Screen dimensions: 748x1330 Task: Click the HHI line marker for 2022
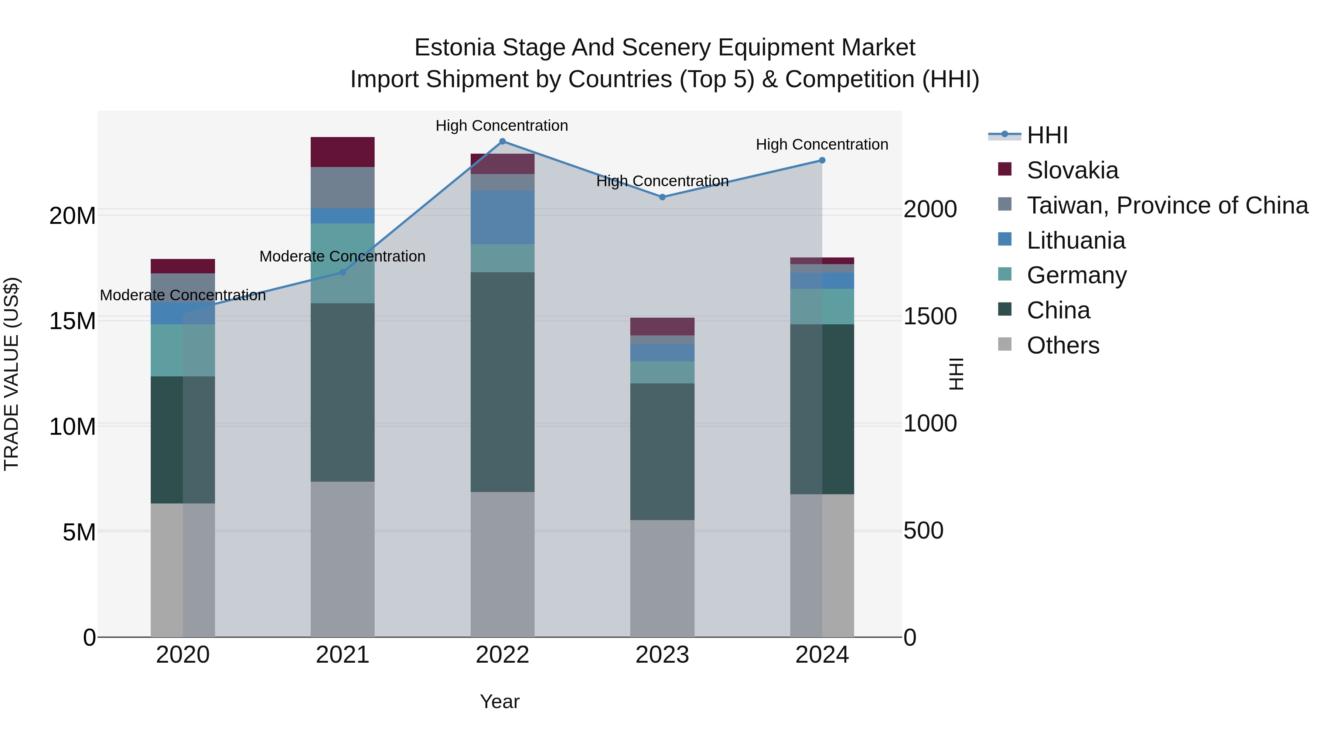pos(502,141)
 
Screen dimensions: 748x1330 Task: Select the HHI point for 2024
pos(822,161)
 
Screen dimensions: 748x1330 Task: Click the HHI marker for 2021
pos(342,272)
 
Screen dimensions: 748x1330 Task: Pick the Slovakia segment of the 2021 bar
pos(342,152)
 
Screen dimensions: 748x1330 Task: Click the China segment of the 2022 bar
pos(502,382)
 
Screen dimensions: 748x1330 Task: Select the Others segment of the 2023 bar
pos(662,578)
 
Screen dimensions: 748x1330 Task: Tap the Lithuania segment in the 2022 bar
pos(502,217)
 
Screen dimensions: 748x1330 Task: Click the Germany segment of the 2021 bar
pos(342,263)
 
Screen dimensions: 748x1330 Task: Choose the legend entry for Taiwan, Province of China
pos(1167,205)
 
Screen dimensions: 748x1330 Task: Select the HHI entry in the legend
pos(1047,135)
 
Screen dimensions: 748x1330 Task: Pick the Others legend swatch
pos(1005,344)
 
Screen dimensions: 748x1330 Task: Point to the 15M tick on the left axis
pos(72,321)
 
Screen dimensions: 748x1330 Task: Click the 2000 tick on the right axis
pos(930,209)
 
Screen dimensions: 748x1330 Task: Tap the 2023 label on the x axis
pos(662,655)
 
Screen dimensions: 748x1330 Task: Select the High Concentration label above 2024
pos(822,144)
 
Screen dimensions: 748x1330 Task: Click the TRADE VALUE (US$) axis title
pos(11,374)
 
